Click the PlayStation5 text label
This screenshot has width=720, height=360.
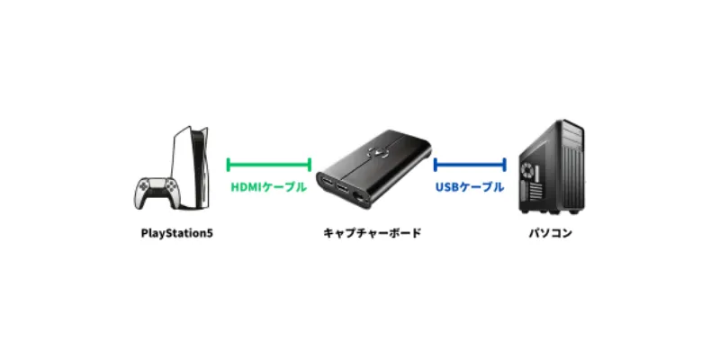click(x=176, y=234)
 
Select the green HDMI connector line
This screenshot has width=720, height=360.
click(x=269, y=165)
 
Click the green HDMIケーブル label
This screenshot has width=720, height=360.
click(x=268, y=187)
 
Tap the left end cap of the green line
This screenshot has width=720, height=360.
click(x=229, y=165)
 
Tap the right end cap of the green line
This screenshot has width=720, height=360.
click(x=310, y=165)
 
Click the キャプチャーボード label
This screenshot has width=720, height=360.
click(x=372, y=234)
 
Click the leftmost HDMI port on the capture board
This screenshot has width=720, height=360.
click(x=325, y=187)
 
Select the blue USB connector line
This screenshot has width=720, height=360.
click(x=469, y=165)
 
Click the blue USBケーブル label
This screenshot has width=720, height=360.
click(x=469, y=187)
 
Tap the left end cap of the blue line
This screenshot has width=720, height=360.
click(x=435, y=165)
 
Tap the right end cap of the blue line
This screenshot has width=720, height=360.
click(x=504, y=165)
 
